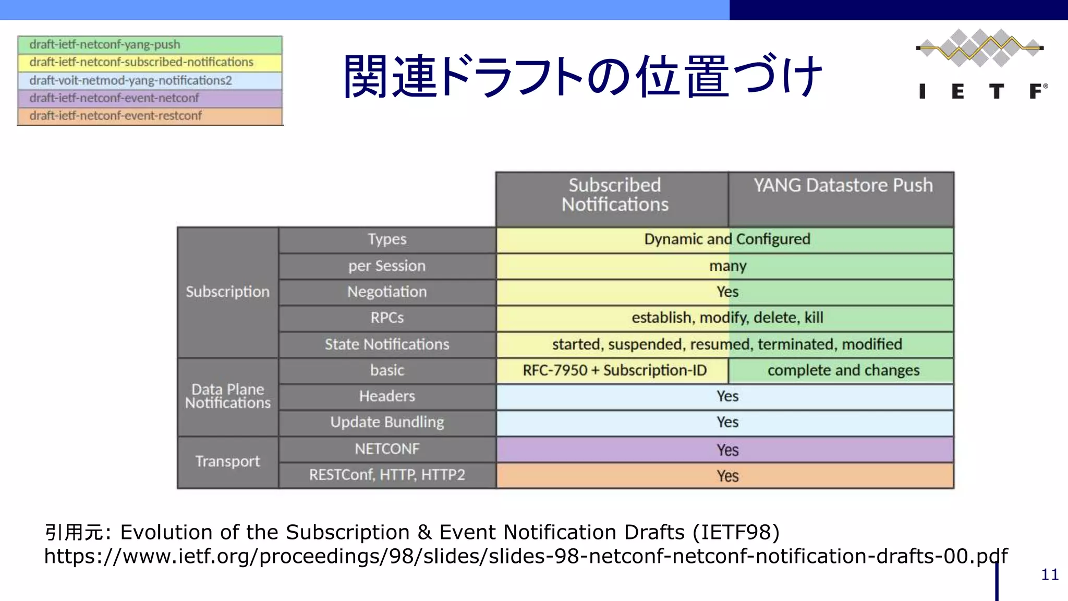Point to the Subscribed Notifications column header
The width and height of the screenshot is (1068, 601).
(x=614, y=195)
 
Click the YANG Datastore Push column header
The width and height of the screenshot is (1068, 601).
(x=843, y=186)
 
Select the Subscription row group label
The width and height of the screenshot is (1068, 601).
(x=228, y=292)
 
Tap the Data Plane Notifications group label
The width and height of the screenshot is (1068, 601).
(x=228, y=396)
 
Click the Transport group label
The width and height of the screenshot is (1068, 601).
(x=228, y=461)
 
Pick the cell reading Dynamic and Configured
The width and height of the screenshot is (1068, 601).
(x=726, y=239)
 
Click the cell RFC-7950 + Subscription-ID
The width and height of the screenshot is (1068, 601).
(x=614, y=370)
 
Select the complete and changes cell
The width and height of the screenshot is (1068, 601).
(x=843, y=370)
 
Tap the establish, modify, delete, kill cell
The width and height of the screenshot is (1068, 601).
(x=726, y=318)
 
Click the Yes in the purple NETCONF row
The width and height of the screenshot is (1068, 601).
(x=727, y=450)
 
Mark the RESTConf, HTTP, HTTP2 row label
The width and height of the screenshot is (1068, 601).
(x=387, y=475)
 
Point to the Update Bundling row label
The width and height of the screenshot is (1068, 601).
(x=387, y=422)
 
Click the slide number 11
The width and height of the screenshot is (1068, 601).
(x=1049, y=575)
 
